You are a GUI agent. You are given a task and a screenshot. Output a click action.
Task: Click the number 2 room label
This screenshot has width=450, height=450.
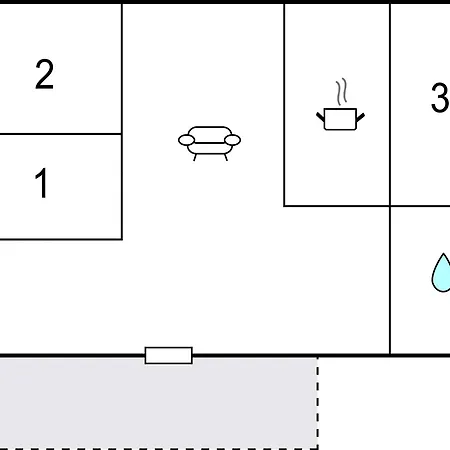pos(44,74)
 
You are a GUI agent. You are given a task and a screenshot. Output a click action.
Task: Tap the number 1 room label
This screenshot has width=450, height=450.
pos(41,183)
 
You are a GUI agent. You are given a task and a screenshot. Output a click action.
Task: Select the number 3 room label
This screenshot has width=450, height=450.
pos(440,97)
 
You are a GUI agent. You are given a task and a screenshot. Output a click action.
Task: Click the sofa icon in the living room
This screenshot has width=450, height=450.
pos(209,143)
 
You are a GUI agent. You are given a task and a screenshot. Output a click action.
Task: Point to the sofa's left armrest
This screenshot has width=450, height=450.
pos(186,140)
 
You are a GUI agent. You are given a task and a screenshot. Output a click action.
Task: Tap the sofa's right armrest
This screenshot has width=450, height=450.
pos(233,140)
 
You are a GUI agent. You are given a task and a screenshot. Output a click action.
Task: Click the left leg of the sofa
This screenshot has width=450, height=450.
pos(195,157)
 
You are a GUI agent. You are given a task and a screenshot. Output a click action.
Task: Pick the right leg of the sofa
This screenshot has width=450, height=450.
pos(226,157)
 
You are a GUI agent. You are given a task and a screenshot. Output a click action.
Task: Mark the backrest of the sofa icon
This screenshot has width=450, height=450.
pos(210,132)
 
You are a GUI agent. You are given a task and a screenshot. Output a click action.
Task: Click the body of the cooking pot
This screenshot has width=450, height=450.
pos(340,119)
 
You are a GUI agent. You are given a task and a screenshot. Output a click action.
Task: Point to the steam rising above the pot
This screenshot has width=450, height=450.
pos(342,92)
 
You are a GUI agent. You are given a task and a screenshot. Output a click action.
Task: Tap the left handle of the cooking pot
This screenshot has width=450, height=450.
pos(320,117)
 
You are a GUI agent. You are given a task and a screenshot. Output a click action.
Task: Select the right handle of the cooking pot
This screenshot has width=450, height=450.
pos(361,117)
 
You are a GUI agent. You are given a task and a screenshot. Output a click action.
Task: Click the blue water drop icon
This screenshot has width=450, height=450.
pos(441,273)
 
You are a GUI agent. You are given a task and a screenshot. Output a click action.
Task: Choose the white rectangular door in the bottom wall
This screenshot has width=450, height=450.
pos(169,355)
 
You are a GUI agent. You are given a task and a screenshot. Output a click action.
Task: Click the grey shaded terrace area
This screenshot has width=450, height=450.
pos(158,403)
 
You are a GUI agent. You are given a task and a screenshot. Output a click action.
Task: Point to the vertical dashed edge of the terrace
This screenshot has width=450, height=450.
pos(318,403)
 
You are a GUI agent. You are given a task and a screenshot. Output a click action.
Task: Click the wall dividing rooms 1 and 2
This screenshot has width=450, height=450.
pos(61,134)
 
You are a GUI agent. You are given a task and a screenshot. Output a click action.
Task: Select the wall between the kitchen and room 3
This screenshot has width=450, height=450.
pos(390,105)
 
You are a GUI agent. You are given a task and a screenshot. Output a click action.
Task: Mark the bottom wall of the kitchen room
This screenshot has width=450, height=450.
pos(337,206)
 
